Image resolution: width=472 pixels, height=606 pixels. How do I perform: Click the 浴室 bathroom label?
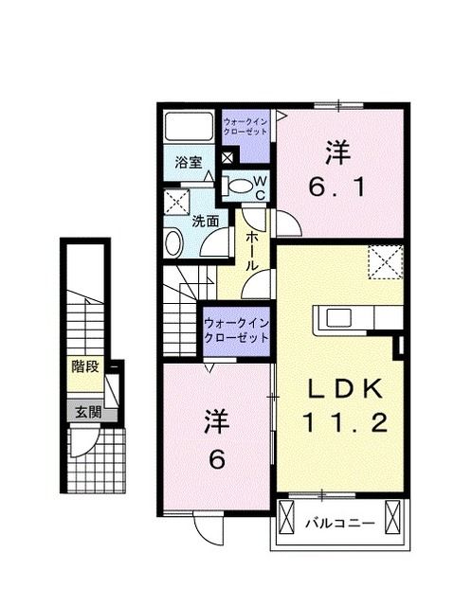pos(189,162)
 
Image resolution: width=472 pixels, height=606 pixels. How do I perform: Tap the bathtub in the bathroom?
pos(189,127)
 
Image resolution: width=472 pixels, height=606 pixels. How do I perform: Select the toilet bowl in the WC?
pos(242,186)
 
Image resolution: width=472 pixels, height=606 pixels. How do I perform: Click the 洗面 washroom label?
pos(207,221)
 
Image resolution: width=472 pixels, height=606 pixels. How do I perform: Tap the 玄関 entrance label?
pos(84,412)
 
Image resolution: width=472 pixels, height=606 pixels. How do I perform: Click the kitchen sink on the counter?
pos(338,316)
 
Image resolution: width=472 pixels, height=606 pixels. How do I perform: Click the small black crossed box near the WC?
pos(227,158)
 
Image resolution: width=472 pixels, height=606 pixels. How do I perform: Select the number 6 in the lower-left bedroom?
pos(215,460)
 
